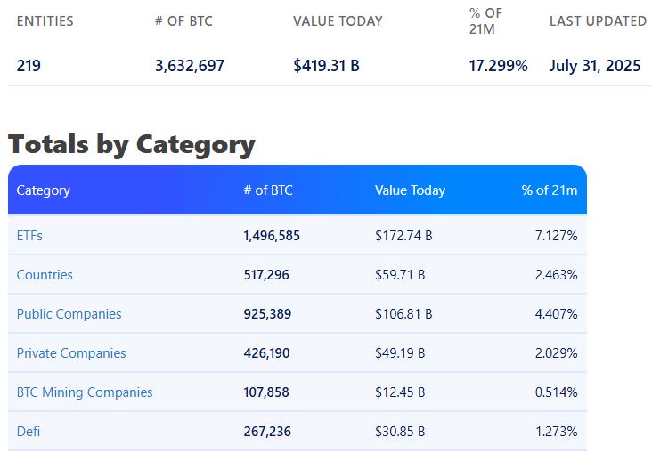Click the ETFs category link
click(29, 236)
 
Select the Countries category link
click(45, 275)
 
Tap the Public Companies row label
click(69, 314)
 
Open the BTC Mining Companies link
click(85, 392)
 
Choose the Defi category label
click(29, 432)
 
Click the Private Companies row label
click(71, 353)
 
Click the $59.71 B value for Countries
click(400, 275)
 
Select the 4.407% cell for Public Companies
click(556, 314)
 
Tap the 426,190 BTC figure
click(266, 353)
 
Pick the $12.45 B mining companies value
click(400, 392)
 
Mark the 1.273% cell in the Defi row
click(556, 432)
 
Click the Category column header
click(43, 190)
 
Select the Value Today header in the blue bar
click(410, 190)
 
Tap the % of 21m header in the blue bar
click(549, 190)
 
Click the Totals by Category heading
click(131, 144)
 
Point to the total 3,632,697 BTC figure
click(189, 66)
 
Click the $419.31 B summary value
click(326, 66)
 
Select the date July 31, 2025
click(595, 66)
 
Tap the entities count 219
click(29, 66)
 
